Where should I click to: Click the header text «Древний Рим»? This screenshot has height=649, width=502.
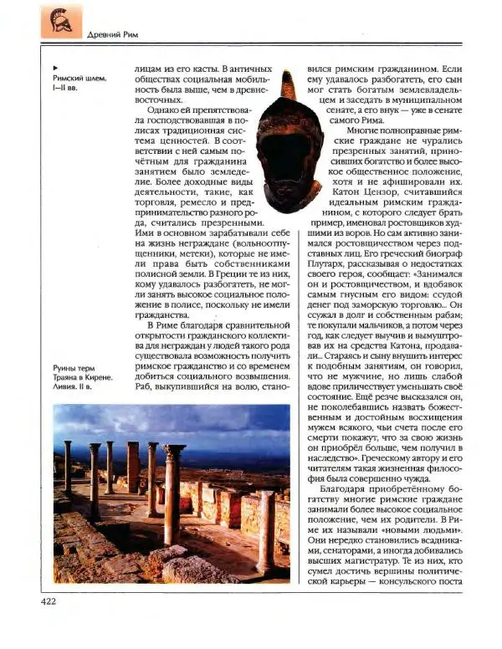click(113, 34)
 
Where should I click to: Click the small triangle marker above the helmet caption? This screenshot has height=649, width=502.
click(54, 66)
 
